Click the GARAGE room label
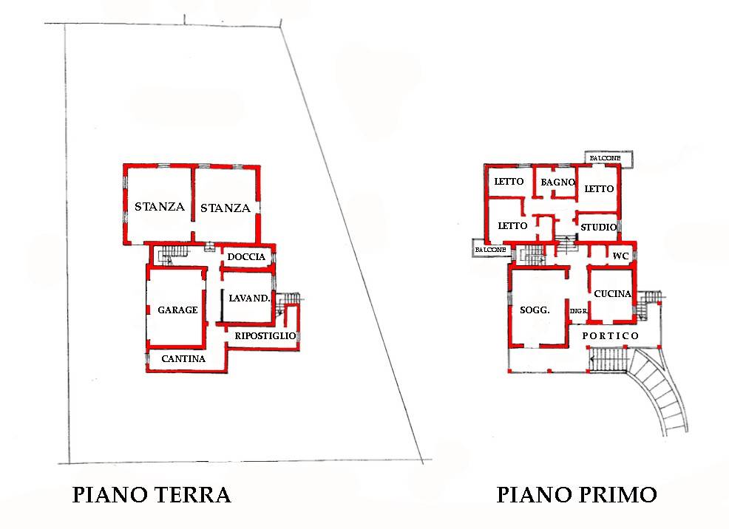coord(177,310)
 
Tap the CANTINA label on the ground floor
coord(183,359)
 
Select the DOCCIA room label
coord(246,256)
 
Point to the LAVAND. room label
coord(249,298)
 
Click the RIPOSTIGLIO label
coord(265,335)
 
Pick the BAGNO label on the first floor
coord(557,182)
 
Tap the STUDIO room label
coord(598,227)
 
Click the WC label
coord(620,256)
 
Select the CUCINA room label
coord(613,293)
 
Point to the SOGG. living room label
coord(535,310)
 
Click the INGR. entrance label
coord(578,312)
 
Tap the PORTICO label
coord(611,336)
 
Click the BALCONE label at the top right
coord(606,159)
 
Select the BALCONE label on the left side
coord(491,250)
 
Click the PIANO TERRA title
coord(152,494)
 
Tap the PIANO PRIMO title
coord(577,494)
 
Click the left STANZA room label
coord(159,207)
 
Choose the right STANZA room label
coord(226,208)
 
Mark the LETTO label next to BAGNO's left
coord(509,182)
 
